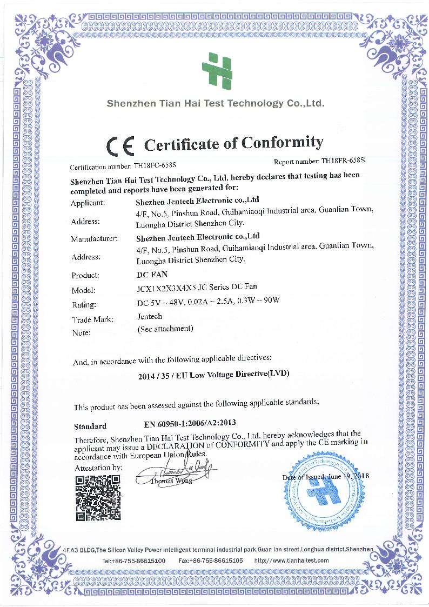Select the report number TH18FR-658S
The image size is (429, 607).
pos(343,161)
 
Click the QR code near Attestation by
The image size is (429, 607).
pos(97,497)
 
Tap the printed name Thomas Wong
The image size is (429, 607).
pos(171,481)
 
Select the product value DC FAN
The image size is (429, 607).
pos(149,275)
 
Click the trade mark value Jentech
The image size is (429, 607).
pos(150,316)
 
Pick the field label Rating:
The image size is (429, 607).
pos(83,305)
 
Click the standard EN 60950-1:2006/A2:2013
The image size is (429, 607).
pos(191,423)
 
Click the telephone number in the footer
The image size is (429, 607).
pos(133,561)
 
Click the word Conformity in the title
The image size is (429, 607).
pos(281,143)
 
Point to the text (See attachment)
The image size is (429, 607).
pos(165,328)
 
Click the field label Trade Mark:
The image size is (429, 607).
pos(92,319)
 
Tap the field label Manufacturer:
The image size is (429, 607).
pos(94,238)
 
